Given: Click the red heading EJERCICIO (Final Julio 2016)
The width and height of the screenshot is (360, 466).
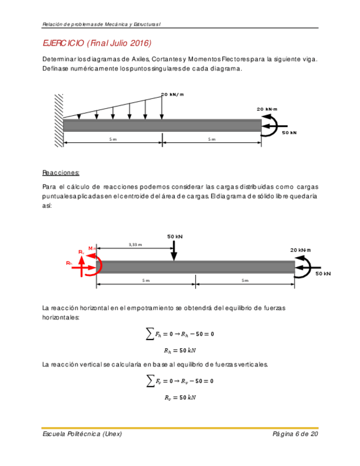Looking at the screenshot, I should click(96, 43).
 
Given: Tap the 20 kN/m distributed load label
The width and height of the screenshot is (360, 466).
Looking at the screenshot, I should click(172, 95).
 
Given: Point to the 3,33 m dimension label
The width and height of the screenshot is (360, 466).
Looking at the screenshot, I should click(135, 245).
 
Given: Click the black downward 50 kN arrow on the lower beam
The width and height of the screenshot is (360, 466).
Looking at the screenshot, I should click(174, 251).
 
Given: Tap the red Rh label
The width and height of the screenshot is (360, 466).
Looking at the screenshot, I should click(69, 264).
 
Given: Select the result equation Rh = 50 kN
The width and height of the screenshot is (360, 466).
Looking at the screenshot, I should click(180, 350).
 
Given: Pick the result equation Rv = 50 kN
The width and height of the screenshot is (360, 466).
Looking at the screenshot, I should click(180, 397).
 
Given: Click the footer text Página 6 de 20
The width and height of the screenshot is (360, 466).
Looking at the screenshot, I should click(295, 434).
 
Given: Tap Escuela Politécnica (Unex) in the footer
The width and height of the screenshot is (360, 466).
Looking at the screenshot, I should click(82, 434).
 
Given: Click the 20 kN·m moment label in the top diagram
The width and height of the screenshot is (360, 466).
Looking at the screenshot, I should click(267, 109).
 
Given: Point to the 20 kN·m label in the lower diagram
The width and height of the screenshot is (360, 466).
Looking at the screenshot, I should click(300, 250).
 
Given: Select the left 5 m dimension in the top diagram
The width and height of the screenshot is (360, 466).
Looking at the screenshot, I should click(113, 140).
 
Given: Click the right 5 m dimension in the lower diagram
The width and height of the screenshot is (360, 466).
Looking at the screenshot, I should click(245, 280).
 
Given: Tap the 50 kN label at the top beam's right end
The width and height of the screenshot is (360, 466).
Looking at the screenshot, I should click(289, 133).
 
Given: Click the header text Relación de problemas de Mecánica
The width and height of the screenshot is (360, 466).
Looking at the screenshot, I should click(104, 23).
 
